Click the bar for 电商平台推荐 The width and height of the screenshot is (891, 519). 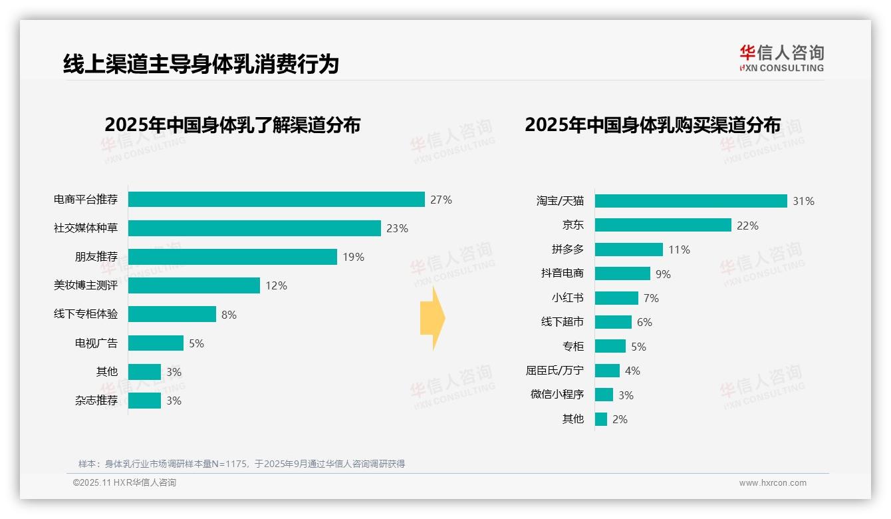coord(276,200)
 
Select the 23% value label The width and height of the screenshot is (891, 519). coord(397,228)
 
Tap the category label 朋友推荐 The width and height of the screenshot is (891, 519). coord(96,257)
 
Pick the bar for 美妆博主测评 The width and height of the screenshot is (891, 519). coord(193,285)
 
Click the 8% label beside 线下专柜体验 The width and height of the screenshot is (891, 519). coord(229,315)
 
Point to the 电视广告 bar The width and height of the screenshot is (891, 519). coord(156,343)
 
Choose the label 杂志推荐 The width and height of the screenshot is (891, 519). coord(96,401)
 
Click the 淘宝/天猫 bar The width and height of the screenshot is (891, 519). coord(691,201)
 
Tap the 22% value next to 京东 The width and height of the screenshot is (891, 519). coord(747,226)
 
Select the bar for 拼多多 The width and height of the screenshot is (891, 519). coord(628,250)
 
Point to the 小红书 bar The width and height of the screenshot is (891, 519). coord(616,298)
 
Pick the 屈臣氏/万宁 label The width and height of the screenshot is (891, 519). coord(555,371)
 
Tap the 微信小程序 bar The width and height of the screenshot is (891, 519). coord(604,395)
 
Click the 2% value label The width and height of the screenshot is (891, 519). coord(619,419)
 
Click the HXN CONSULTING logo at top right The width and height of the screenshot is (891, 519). coord(781,59)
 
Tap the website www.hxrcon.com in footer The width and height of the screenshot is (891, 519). coord(772,483)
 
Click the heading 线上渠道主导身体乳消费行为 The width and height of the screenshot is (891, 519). coord(201,64)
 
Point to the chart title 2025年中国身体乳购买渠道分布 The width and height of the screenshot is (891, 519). coord(652,125)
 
